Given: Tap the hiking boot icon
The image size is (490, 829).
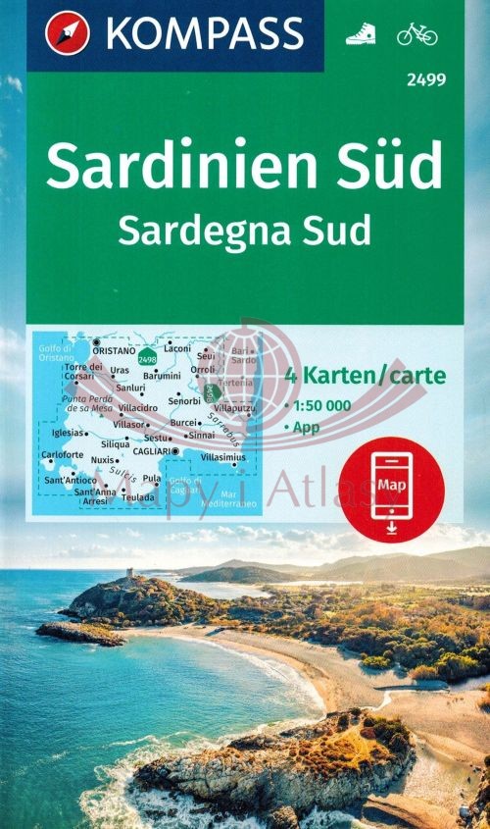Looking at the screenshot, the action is [360, 35].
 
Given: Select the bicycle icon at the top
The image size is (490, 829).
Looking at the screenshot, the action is [417, 34].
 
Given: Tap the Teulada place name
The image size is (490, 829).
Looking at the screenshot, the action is [139, 496].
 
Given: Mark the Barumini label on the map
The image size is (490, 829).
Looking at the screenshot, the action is [162, 375].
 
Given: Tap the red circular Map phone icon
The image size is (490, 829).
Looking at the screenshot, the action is [392, 488].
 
